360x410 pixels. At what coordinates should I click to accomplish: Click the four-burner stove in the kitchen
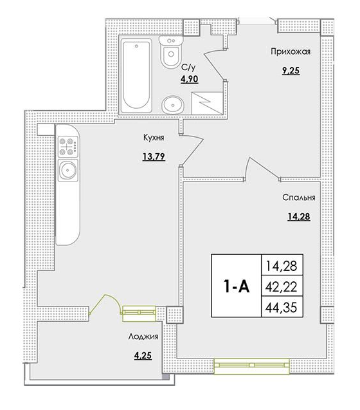67,147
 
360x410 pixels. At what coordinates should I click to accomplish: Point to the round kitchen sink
67,170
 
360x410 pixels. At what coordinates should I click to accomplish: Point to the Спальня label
297,198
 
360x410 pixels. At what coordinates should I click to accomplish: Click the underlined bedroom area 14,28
297,216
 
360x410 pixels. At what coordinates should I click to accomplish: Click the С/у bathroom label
188,67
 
